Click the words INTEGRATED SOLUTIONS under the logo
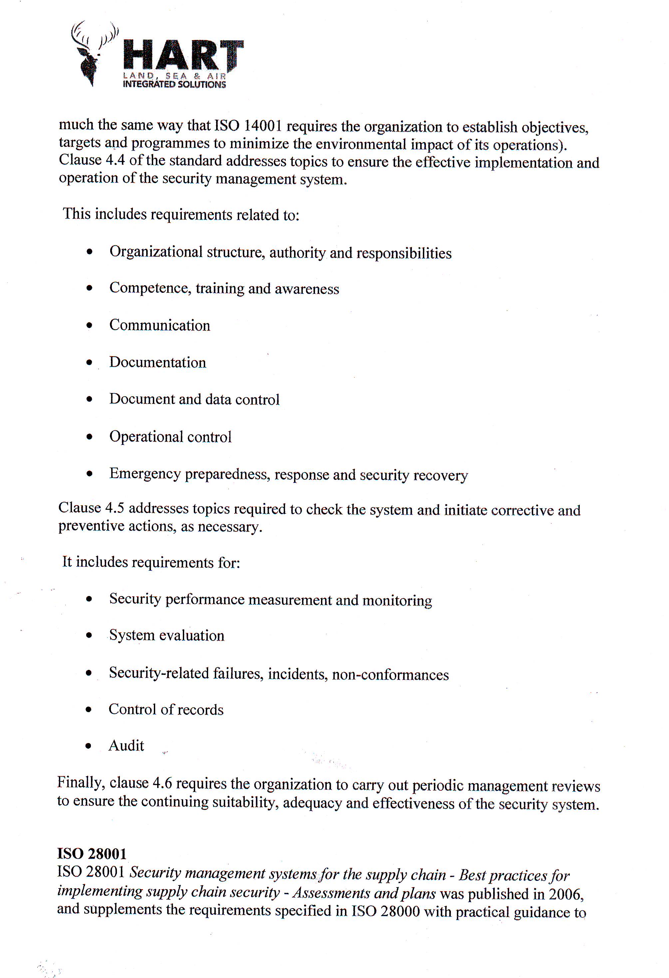point(174,84)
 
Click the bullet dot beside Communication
point(89,325)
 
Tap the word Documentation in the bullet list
point(158,362)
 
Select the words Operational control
point(170,437)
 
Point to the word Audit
point(126,746)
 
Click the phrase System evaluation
point(167,636)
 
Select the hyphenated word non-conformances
point(390,675)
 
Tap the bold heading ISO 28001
point(92,854)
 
